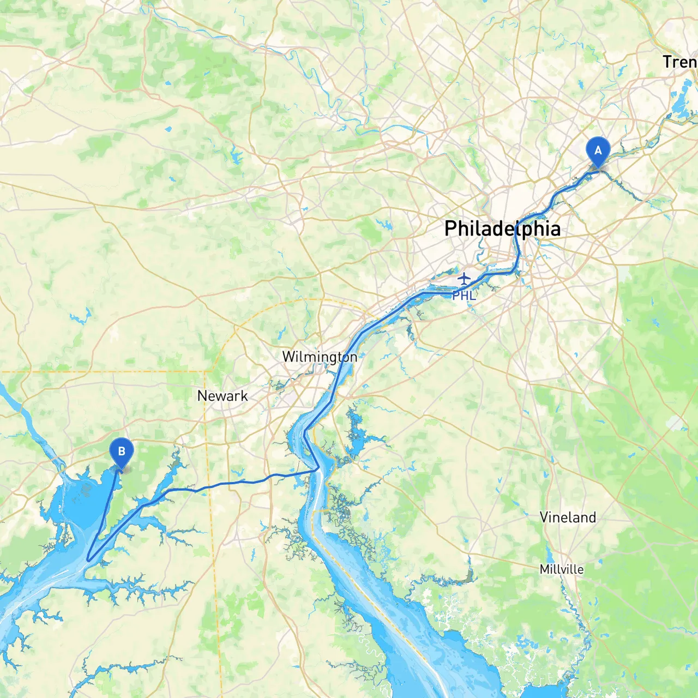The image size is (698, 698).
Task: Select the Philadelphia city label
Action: [502, 228]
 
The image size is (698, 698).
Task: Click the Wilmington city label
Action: [320, 357]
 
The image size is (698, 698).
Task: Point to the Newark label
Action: [222, 396]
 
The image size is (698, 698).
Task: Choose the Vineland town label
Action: [568, 517]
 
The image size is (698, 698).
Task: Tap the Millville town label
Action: [561, 569]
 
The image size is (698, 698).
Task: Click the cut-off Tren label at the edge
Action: [679, 62]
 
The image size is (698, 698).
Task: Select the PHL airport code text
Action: [464, 296]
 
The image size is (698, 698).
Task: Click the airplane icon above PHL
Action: [464, 279]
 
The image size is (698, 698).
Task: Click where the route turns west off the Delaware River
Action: [318, 468]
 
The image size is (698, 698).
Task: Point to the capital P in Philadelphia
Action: [450, 228]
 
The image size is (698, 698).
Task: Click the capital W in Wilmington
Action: [288, 357]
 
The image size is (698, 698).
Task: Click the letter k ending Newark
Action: [244, 396]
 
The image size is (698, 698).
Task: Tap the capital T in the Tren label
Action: [667, 62]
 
